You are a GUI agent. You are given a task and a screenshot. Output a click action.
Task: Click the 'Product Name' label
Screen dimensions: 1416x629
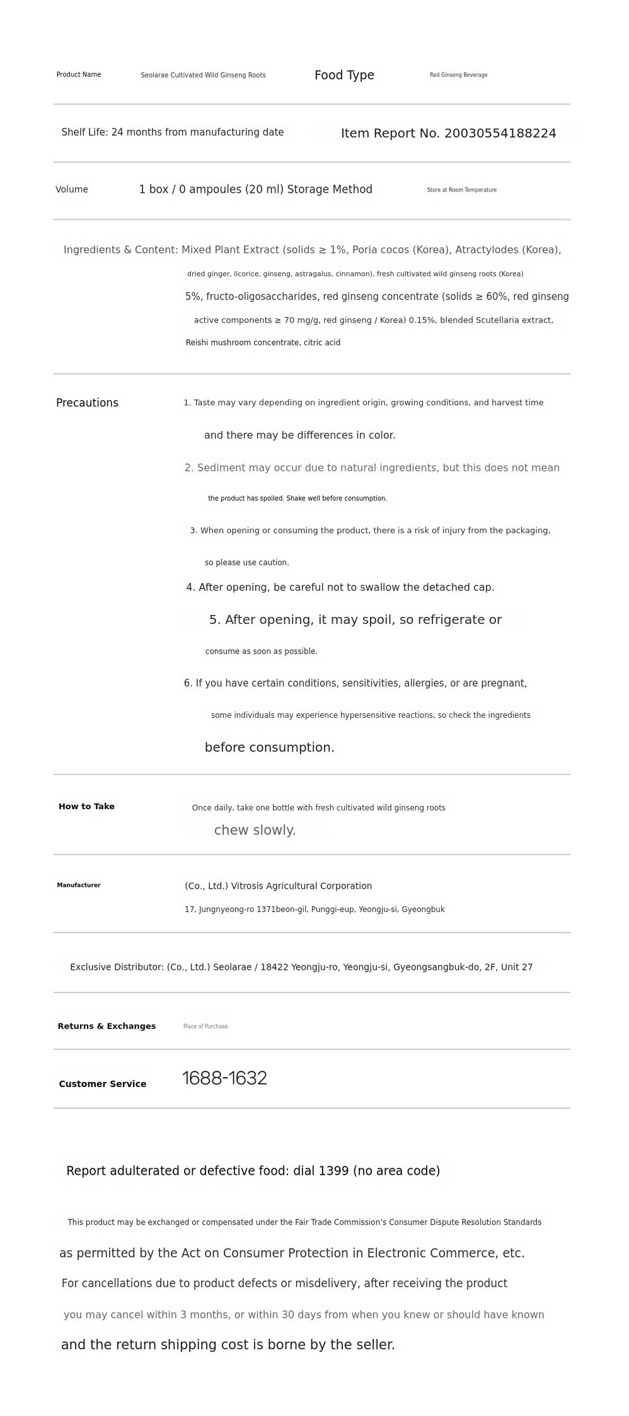79,74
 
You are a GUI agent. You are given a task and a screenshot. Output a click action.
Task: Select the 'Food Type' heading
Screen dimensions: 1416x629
344,75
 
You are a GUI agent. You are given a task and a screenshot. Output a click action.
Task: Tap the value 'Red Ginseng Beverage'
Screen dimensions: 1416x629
458,75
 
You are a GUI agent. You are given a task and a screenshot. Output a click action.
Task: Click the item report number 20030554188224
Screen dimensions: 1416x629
500,134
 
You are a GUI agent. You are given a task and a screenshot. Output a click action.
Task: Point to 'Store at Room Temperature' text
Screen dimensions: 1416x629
461,190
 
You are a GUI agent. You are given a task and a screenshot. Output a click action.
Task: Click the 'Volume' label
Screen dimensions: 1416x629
72,190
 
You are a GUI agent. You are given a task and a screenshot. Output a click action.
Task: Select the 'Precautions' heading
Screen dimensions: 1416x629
87,403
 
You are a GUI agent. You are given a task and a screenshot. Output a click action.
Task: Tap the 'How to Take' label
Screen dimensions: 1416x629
86,807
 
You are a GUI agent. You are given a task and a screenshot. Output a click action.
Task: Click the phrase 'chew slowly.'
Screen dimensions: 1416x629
255,831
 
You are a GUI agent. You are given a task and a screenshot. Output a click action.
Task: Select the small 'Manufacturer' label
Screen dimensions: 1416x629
79,885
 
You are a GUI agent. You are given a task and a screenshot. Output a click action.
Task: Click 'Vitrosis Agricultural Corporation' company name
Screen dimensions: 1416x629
301,886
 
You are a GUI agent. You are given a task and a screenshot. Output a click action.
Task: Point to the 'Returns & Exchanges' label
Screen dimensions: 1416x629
107,1026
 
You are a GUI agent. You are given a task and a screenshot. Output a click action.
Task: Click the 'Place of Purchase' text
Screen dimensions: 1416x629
205,1027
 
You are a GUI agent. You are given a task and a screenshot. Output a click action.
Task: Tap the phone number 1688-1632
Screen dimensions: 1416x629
224,1078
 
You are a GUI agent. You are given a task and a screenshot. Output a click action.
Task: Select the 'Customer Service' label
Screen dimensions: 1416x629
103,1084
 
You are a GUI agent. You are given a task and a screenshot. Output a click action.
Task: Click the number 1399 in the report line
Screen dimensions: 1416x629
333,1171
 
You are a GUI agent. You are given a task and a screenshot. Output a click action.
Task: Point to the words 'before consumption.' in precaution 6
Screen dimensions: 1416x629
269,747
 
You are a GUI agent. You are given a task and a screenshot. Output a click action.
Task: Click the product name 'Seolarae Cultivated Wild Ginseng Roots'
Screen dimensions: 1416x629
203,75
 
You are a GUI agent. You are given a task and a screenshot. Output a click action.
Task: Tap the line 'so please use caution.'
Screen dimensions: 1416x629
246,563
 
